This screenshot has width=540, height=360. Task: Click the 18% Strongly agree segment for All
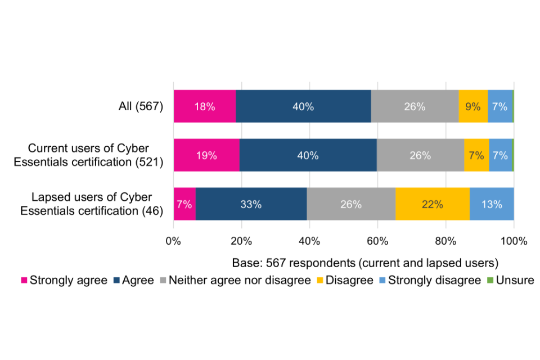(205, 106)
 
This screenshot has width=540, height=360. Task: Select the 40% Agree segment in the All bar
(303, 106)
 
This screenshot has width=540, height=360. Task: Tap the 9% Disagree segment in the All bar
(473, 106)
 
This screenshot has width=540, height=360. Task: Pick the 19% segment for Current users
(206, 155)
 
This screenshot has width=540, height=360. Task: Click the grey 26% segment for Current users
(420, 155)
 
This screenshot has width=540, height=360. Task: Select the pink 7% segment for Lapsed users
(184, 204)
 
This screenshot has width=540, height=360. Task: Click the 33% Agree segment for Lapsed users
(251, 204)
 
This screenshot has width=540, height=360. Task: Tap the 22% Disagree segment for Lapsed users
(433, 204)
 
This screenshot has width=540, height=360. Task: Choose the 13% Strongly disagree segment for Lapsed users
(492, 204)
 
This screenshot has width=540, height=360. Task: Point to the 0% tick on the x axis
(173, 242)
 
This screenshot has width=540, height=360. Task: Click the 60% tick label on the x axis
(377, 242)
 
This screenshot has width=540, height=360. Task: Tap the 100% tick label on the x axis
(514, 242)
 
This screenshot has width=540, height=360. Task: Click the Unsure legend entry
(511, 280)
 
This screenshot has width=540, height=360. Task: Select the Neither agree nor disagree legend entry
(240, 280)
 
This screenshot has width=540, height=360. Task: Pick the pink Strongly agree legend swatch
(24, 280)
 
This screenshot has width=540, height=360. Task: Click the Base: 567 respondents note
(366, 263)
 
